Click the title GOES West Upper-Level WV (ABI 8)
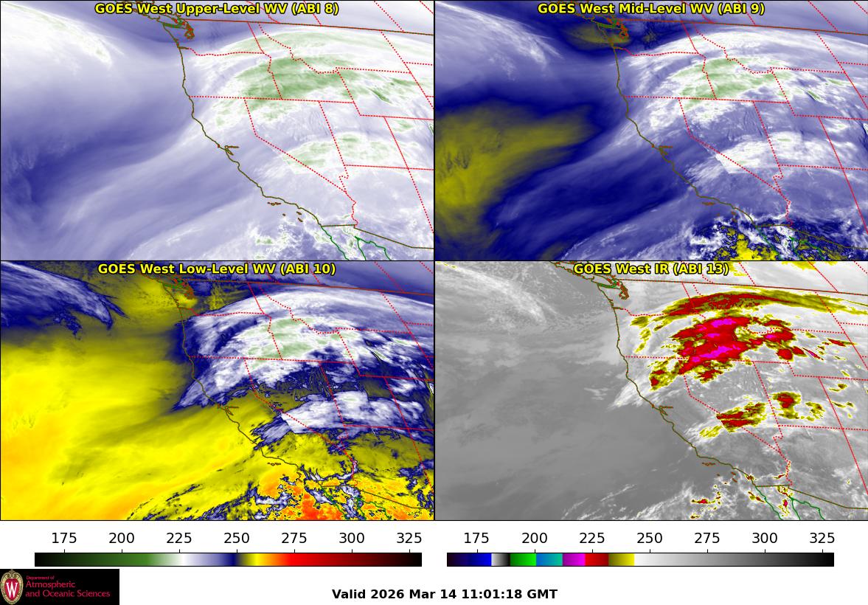coord(217,9)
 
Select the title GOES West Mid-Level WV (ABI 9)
coord(651,9)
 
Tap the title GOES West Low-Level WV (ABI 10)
coord(217,269)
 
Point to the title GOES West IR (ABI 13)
coord(651,269)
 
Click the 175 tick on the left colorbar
coord(64,538)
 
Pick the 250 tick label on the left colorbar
coord(237,538)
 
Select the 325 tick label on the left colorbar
coord(409,538)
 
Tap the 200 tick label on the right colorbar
coord(535,538)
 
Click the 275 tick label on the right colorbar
coord(707,538)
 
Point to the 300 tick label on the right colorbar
coord(765,538)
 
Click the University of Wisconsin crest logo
coord(12,587)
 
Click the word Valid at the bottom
coord(348,594)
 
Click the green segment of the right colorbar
coord(523,559)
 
